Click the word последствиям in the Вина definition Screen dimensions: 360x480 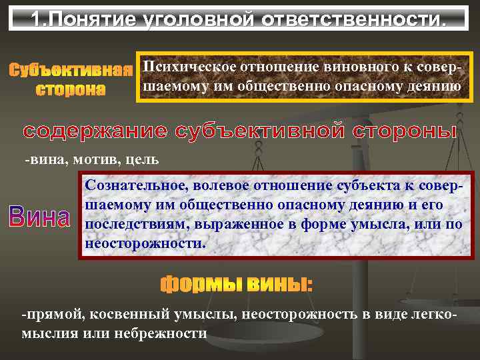pos(131,224)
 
